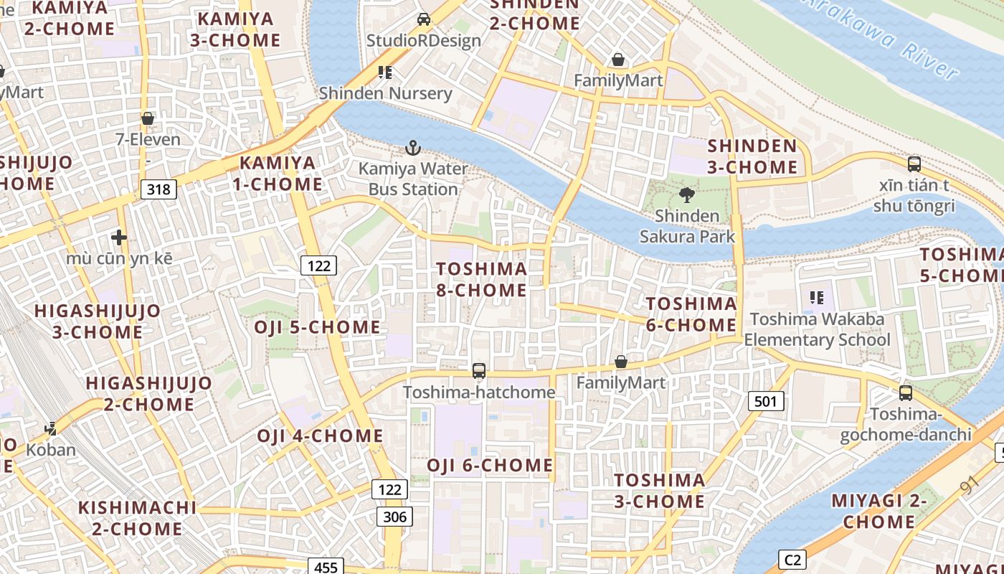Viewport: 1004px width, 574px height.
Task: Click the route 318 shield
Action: (158, 189)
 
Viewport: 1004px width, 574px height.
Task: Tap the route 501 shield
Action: (765, 401)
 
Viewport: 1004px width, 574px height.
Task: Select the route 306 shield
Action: (394, 517)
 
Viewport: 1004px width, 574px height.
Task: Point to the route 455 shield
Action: (326, 567)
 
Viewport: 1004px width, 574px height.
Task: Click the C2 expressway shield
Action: (792, 560)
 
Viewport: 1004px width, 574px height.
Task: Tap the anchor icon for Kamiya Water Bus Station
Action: (412, 149)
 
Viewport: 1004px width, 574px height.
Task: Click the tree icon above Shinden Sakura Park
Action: (686, 194)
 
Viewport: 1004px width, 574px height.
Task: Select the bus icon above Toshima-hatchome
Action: (478, 371)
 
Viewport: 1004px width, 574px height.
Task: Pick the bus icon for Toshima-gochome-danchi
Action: (906, 393)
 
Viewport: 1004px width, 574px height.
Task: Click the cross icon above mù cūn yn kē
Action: (119, 237)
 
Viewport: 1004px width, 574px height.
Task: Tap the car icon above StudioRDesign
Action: (424, 19)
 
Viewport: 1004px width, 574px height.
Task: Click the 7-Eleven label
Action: (148, 139)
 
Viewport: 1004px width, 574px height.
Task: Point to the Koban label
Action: (51, 450)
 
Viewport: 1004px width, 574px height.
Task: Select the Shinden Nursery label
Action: (385, 93)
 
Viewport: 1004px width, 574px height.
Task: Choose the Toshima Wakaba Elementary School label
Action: (817, 329)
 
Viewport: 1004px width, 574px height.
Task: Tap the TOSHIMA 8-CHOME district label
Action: (482, 279)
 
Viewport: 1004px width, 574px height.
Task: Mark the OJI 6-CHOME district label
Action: (490, 465)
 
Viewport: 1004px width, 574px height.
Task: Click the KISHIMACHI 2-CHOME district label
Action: (137, 518)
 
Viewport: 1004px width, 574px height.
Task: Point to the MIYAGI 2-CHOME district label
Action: (879, 511)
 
